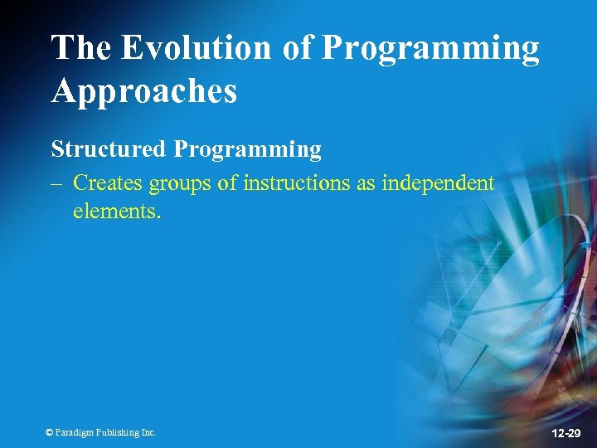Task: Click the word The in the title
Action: coord(81,48)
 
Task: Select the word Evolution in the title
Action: coord(196,48)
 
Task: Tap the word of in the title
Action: coord(297,48)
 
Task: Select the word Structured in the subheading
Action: coord(109,149)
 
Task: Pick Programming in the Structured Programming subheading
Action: coord(247,151)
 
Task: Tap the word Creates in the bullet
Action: coord(106,183)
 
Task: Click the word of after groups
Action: coord(229,183)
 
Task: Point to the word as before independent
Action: coord(366,183)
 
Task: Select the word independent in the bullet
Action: coord(438,183)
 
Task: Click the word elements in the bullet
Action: coord(117,211)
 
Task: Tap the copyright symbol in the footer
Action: coord(49,432)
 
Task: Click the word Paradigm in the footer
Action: coord(75,432)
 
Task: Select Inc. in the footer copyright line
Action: coord(148,432)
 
